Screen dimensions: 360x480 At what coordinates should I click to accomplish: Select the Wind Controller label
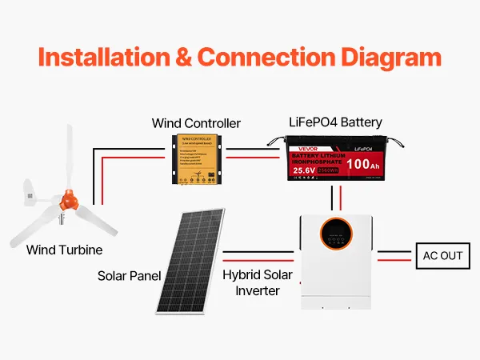[x=196, y=123]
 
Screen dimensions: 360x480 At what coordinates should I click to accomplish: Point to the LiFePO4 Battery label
[x=335, y=122]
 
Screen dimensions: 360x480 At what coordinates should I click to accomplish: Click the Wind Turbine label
[x=64, y=250]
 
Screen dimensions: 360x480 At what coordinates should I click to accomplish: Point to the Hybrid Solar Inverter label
[x=258, y=282]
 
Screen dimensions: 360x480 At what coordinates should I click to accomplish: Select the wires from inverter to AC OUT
[x=395, y=256]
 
